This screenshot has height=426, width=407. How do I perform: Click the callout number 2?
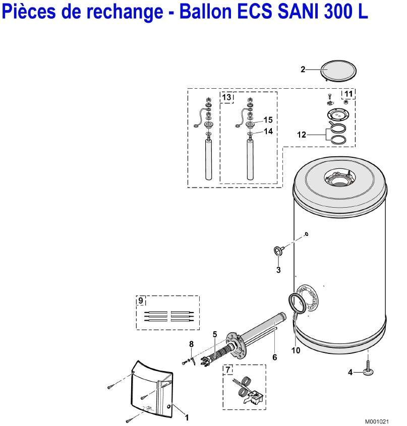click(303, 70)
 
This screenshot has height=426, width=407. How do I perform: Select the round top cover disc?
click(338, 71)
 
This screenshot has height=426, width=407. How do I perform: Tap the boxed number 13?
click(226, 97)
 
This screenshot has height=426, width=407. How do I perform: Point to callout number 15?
click(268, 120)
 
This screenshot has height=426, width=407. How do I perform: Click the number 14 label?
click(268, 132)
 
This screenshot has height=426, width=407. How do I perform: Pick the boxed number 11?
click(348, 94)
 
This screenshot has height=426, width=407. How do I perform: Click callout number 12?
click(302, 135)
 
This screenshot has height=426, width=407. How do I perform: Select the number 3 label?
click(278, 270)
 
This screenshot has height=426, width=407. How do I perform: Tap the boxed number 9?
click(141, 300)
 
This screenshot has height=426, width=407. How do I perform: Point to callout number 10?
click(296, 350)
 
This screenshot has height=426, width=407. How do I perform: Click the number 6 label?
click(274, 357)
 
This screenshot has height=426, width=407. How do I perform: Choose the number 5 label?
click(215, 334)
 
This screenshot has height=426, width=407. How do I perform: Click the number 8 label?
click(192, 344)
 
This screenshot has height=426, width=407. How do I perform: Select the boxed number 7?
click(228, 370)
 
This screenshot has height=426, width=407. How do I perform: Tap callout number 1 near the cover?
click(187, 417)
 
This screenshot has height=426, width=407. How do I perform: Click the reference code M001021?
click(377, 421)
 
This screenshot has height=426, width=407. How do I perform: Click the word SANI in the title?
click(295, 12)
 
